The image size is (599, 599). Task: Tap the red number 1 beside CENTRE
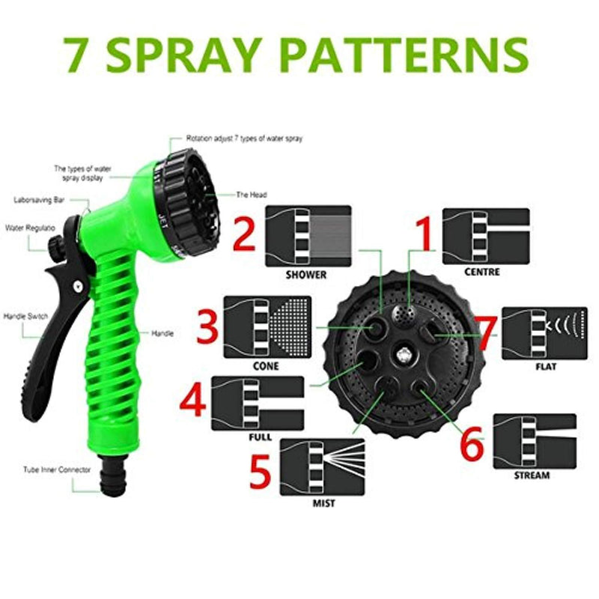425,234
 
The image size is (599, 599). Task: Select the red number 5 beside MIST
261,472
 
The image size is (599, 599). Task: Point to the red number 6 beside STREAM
472,443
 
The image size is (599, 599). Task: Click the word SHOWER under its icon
306,275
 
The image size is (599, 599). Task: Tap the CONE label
266,366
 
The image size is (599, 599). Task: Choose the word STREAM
532,475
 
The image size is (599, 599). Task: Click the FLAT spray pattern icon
545,333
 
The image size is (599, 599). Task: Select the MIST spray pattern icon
323,466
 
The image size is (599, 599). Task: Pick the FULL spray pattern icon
258,404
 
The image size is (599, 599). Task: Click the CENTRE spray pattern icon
486,236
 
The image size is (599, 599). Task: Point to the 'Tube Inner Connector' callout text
57,469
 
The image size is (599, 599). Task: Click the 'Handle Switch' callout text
25,316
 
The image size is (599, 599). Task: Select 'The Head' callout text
252,195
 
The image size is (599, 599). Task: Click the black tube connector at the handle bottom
113,475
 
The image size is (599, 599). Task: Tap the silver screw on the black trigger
78,286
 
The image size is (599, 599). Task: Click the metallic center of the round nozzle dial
404,355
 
